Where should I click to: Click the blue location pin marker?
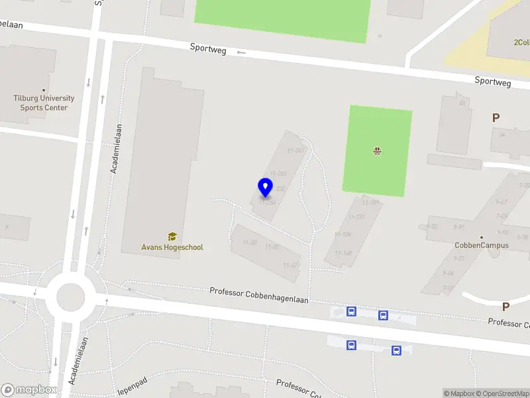tap(265, 188)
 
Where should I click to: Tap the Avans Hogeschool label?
tap(172, 247)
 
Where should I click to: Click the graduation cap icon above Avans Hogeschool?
tap(172, 236)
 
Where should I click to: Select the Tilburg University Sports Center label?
tap(44, 103)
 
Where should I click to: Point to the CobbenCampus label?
tap(482, 245)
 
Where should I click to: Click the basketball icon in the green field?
tap(377, 151)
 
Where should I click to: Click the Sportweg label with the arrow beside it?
tap(208, 48)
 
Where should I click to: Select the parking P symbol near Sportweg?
tap(496, 117)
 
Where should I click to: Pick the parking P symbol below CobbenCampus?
tap(505, 307)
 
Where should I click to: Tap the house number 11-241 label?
tap(296, 151)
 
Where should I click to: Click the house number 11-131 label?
tap(356, 217)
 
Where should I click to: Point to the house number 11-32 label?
tap(250, 243)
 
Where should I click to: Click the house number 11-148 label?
tap(344, 253)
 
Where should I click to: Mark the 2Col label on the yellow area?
tap(521, 42)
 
